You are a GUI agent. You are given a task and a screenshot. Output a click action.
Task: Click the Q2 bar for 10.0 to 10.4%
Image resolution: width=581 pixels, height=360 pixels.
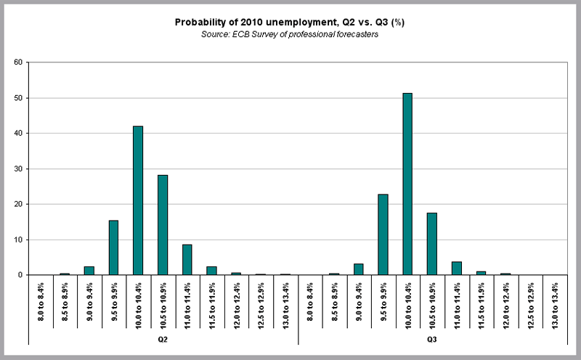138,200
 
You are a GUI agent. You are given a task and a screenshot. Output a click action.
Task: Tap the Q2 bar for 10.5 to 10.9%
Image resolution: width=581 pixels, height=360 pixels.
163,225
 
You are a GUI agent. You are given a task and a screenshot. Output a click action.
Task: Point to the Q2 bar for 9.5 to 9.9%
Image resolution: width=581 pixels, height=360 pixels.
113,247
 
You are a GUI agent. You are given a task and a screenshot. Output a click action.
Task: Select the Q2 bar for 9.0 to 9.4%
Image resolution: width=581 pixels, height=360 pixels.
89,271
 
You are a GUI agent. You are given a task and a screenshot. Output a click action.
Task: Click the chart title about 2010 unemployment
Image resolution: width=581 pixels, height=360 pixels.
289,22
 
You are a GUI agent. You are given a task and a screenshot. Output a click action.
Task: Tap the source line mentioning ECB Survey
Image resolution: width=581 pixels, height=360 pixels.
289,36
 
